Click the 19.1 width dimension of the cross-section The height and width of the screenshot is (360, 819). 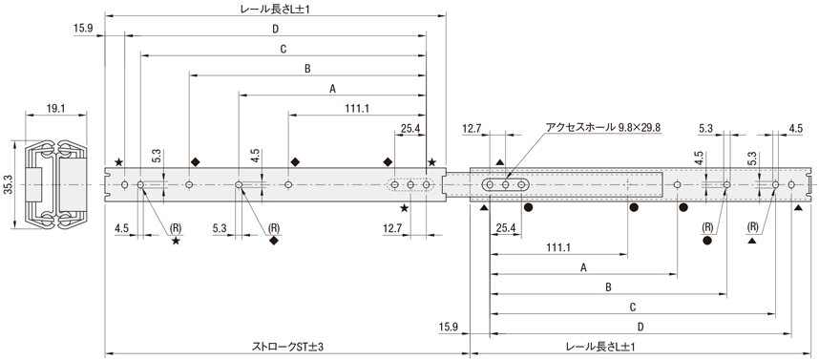click(x=55, y=109)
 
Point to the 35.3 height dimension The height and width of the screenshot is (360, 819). click(x=8, y=185)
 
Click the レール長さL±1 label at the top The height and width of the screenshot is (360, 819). click(x=275, y=9)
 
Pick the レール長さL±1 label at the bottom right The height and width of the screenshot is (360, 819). click(x=601, y=347)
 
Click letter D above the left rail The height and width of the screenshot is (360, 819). click(x=275, y=30)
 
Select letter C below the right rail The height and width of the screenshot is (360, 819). click(x=633, y=307)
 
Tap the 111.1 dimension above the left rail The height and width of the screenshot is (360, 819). click(x=357, y=109)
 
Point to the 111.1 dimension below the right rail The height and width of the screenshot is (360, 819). click(x=557, y=247)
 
